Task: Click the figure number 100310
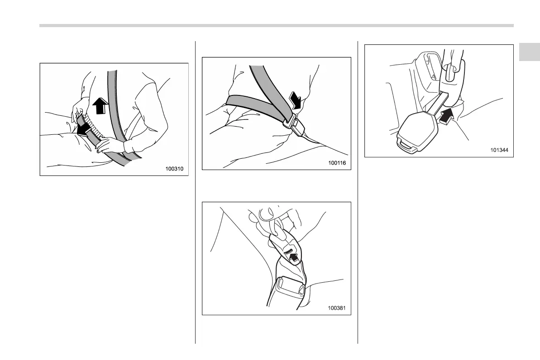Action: pyautogui.click(x=174, y=169)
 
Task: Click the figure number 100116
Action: pyautogui.click(x=337, y=163)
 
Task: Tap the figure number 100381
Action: pyautogui.click(x=336, y=308)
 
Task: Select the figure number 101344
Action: pyautogui.click(x=499, y=150)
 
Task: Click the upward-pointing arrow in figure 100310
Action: pyautogui.click(x=100, y=105)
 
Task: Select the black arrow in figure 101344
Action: pyautogui.click(x=446, y=116)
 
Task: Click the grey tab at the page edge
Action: pyautogui.click(x=529, y=52)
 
